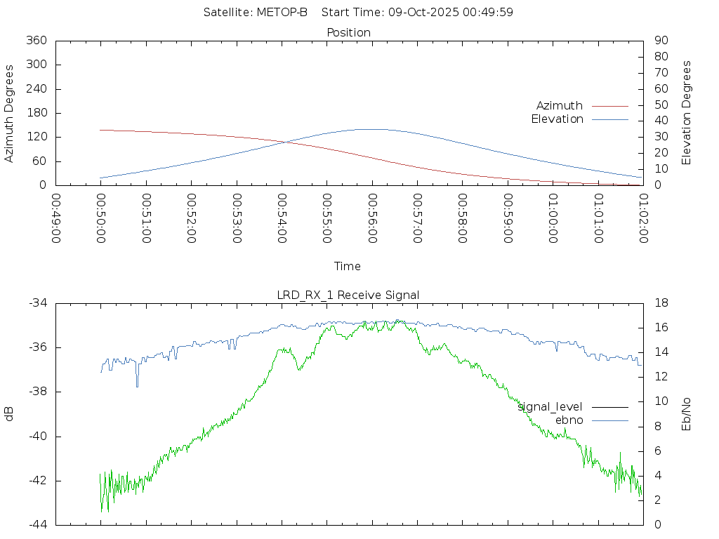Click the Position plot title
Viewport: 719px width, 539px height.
(x=349, y=32)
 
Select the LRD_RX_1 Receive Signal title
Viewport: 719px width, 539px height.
(x=348, y=295)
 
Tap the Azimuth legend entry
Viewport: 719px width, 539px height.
(x=560, y=105)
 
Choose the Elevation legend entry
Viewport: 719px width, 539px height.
(x=558, y=119)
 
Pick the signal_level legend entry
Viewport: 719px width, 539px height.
(x=550, y=406)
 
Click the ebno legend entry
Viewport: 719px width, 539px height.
(x=569, y=420)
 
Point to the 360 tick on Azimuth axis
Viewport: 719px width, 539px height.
(x=36, y=41)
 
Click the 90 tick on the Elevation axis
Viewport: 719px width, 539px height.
(x=660, y=41)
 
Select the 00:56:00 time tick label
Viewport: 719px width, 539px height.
(x=371, y=218)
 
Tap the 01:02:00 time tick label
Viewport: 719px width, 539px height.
(x=642, y=218)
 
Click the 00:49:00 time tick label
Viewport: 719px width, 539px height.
(x=56, y=218)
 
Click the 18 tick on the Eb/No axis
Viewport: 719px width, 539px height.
(x=660, y=303)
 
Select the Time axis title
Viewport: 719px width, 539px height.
(x=348, y=266)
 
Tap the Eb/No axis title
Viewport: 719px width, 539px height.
(x=687, y=414)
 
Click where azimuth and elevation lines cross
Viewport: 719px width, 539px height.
(x=285, y=142)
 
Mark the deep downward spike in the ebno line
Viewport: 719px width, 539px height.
(x=137, y=385)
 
